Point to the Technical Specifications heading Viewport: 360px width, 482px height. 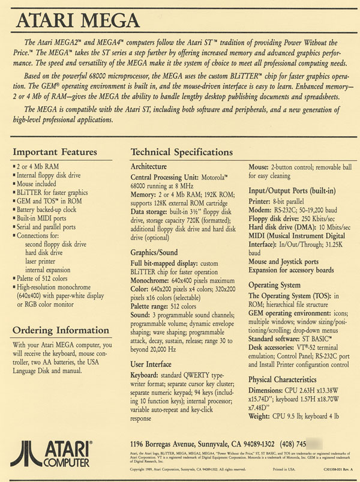(182, 152)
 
